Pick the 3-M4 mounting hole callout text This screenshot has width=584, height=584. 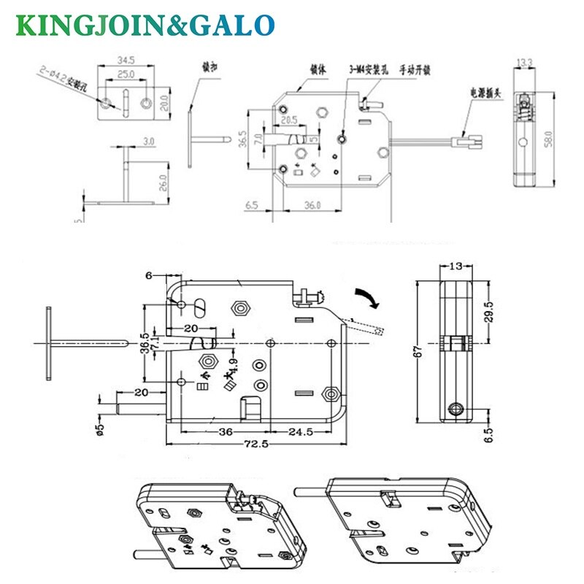coord(368,72)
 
